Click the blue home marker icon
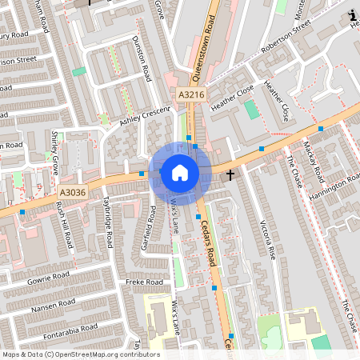coord(180,172)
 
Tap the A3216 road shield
coord(192,94)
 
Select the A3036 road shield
coord(72,192)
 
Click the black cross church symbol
coord(230,174)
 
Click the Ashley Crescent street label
coord(146,115)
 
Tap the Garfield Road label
coord(149,228)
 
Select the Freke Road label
coord(144,282)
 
